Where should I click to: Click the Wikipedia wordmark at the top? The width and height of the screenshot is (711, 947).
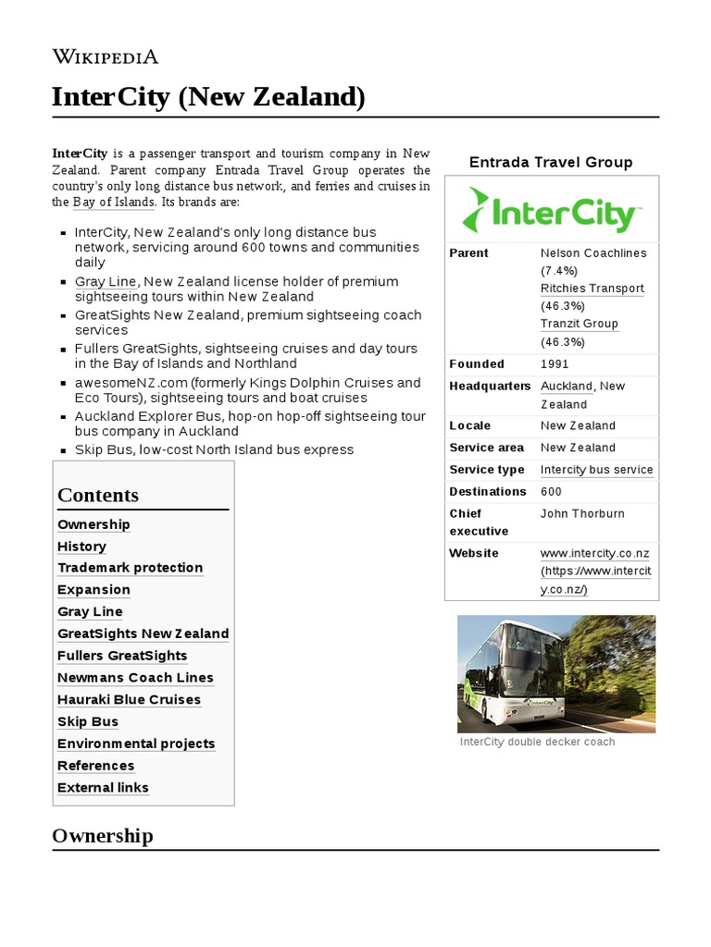(106, 56)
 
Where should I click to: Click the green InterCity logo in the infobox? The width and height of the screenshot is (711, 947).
(551, 210)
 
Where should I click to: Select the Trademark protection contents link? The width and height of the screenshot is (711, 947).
(130, 568)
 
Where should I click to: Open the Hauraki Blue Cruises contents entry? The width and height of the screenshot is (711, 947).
(129, 700)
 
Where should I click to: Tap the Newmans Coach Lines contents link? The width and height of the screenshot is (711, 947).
(135, 678)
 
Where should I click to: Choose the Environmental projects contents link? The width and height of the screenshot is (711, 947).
(136, 744)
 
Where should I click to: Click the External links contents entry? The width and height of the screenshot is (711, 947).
(103, 788)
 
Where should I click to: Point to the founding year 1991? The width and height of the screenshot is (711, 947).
(555, 364)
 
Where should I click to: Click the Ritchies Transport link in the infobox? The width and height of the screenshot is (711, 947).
(592, 289)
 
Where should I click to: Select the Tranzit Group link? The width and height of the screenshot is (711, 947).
(579, 324)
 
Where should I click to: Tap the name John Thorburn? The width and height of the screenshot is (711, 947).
(582, 513)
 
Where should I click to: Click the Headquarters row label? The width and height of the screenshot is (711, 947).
(490, 386)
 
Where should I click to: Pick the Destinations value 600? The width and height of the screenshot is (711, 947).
(551, 492)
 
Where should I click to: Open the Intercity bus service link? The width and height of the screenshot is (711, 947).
(596, 470)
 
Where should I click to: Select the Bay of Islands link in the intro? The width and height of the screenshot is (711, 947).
(113, 202)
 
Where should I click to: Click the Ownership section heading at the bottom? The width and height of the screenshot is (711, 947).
(102, 836)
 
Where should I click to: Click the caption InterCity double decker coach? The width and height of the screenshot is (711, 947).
(537, 742)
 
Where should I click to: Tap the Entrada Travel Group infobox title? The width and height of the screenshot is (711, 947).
(551, 163)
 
